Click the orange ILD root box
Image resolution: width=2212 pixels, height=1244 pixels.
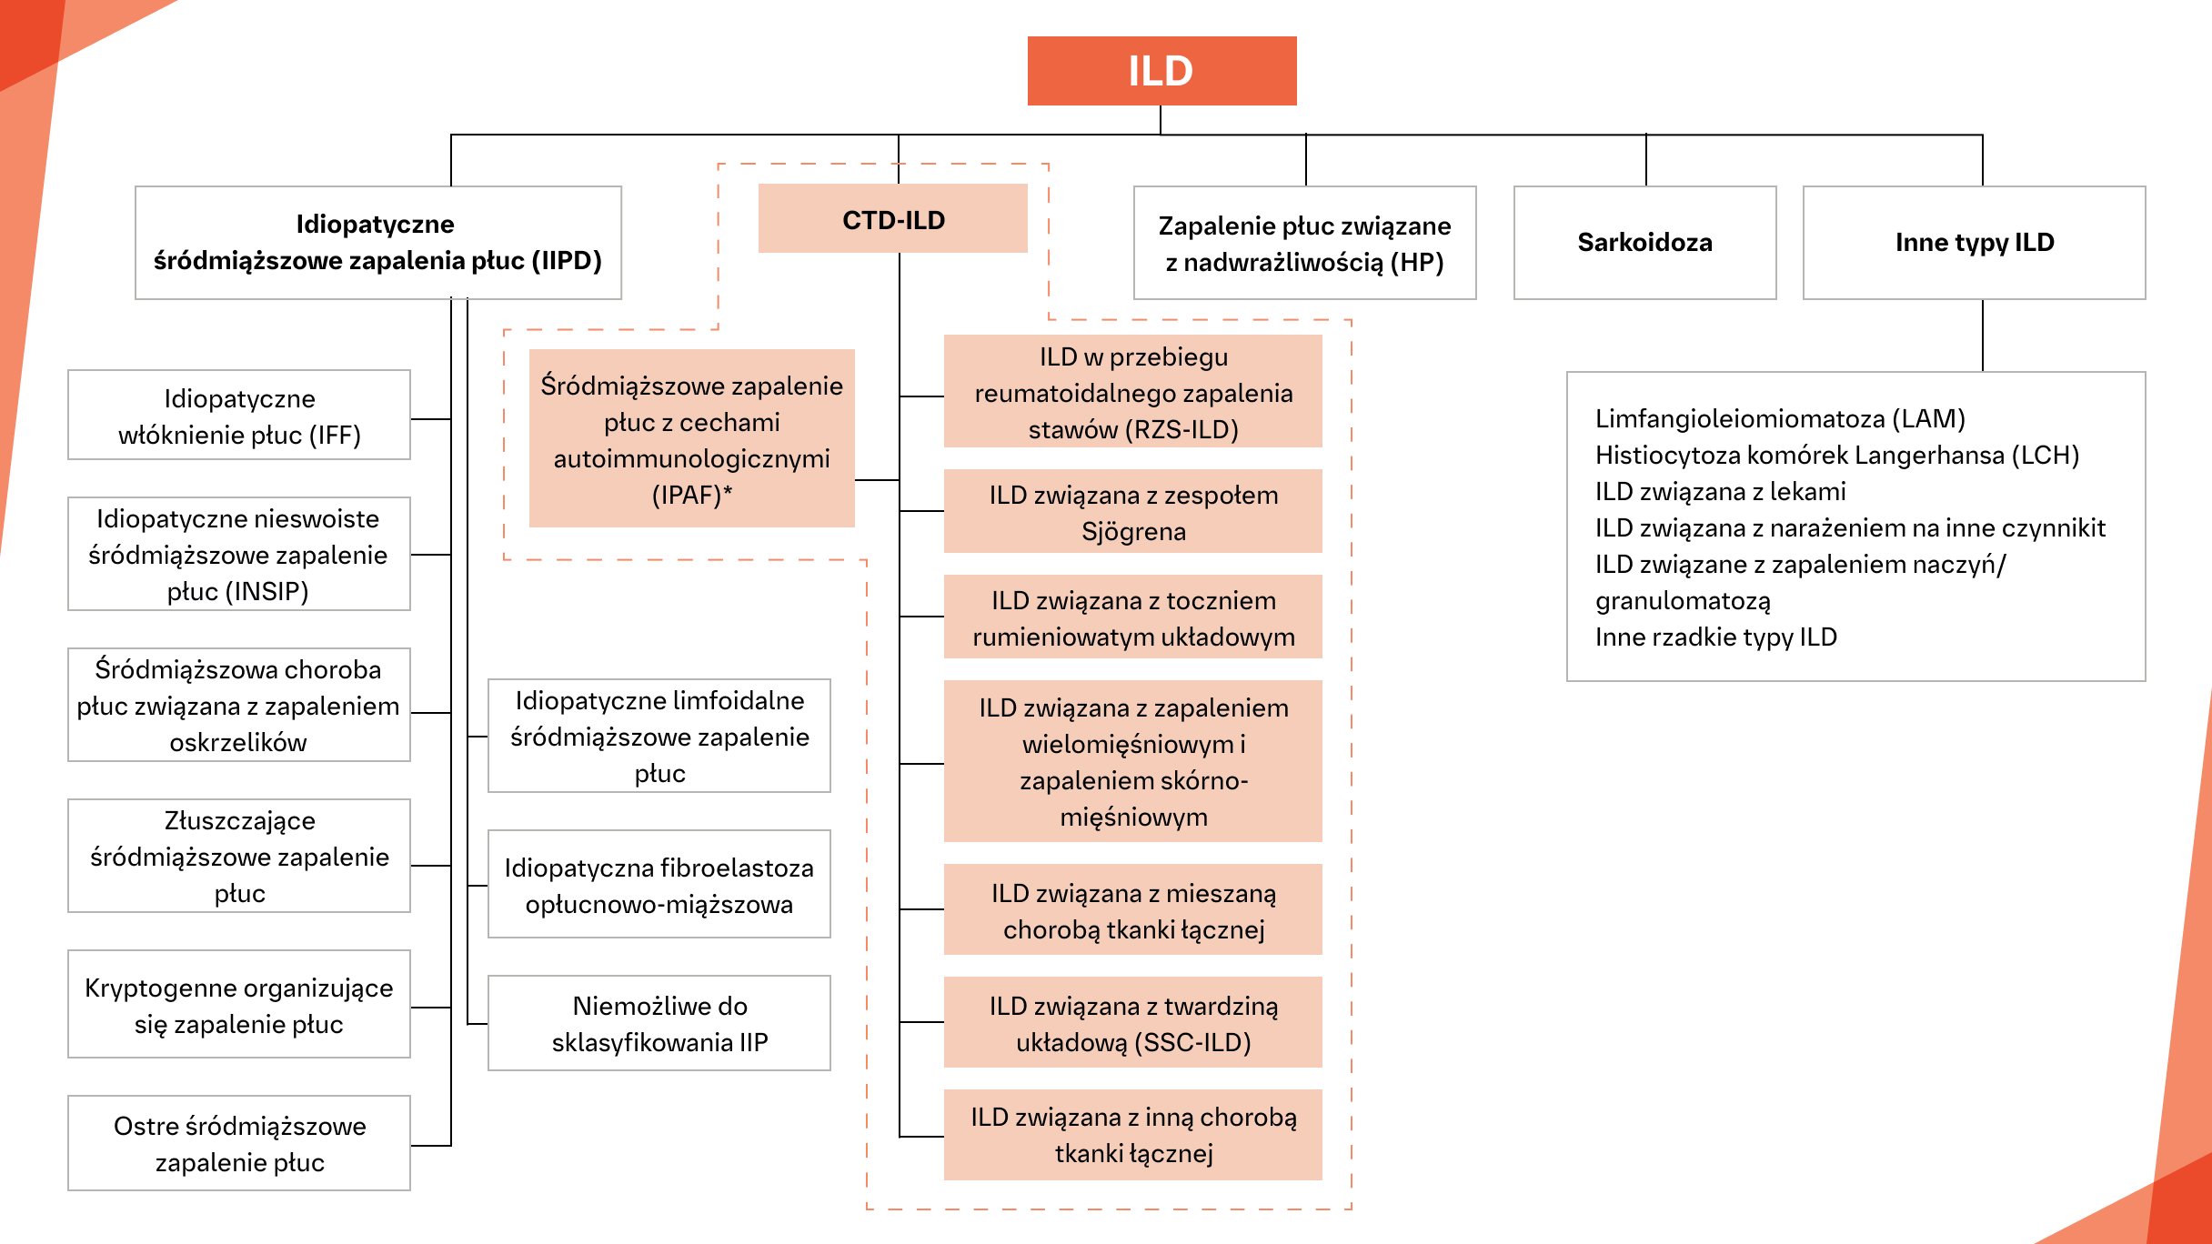point(1161,71)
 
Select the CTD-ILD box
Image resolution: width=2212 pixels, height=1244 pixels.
point(893,219)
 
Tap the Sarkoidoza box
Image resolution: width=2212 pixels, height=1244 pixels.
point(1644,243)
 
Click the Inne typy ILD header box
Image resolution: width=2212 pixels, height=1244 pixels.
point(1974,243)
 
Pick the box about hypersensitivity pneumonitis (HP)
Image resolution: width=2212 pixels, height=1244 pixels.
point(1304,243)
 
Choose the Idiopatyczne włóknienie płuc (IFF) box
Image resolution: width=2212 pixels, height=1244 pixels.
point(239,416)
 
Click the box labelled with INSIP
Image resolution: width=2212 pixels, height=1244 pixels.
point(239,554)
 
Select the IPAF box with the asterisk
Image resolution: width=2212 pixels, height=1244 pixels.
point(691,439)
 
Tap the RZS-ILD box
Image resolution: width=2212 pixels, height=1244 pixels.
point(1133,392)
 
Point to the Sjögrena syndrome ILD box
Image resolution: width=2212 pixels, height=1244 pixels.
point(1133,512)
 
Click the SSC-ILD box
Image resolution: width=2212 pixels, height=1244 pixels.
point(1133,1023)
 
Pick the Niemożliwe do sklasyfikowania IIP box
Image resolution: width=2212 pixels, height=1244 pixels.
point(659,1023)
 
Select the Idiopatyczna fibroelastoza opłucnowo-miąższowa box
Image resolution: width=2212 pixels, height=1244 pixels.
point(659,885)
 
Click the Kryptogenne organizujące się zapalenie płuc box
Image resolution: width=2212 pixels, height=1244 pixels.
point(239,1005)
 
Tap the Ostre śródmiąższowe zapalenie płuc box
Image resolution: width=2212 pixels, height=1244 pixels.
point(239,1143)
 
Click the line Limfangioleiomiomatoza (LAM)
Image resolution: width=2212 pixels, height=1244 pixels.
point(1780,418)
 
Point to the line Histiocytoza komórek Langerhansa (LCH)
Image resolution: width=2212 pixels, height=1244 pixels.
point(1837,455)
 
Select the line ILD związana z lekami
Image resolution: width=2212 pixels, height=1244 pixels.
point(1720,491)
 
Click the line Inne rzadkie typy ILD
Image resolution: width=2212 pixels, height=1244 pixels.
point(1715,637)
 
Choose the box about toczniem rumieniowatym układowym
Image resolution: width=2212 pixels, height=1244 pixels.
point(1133,617)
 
